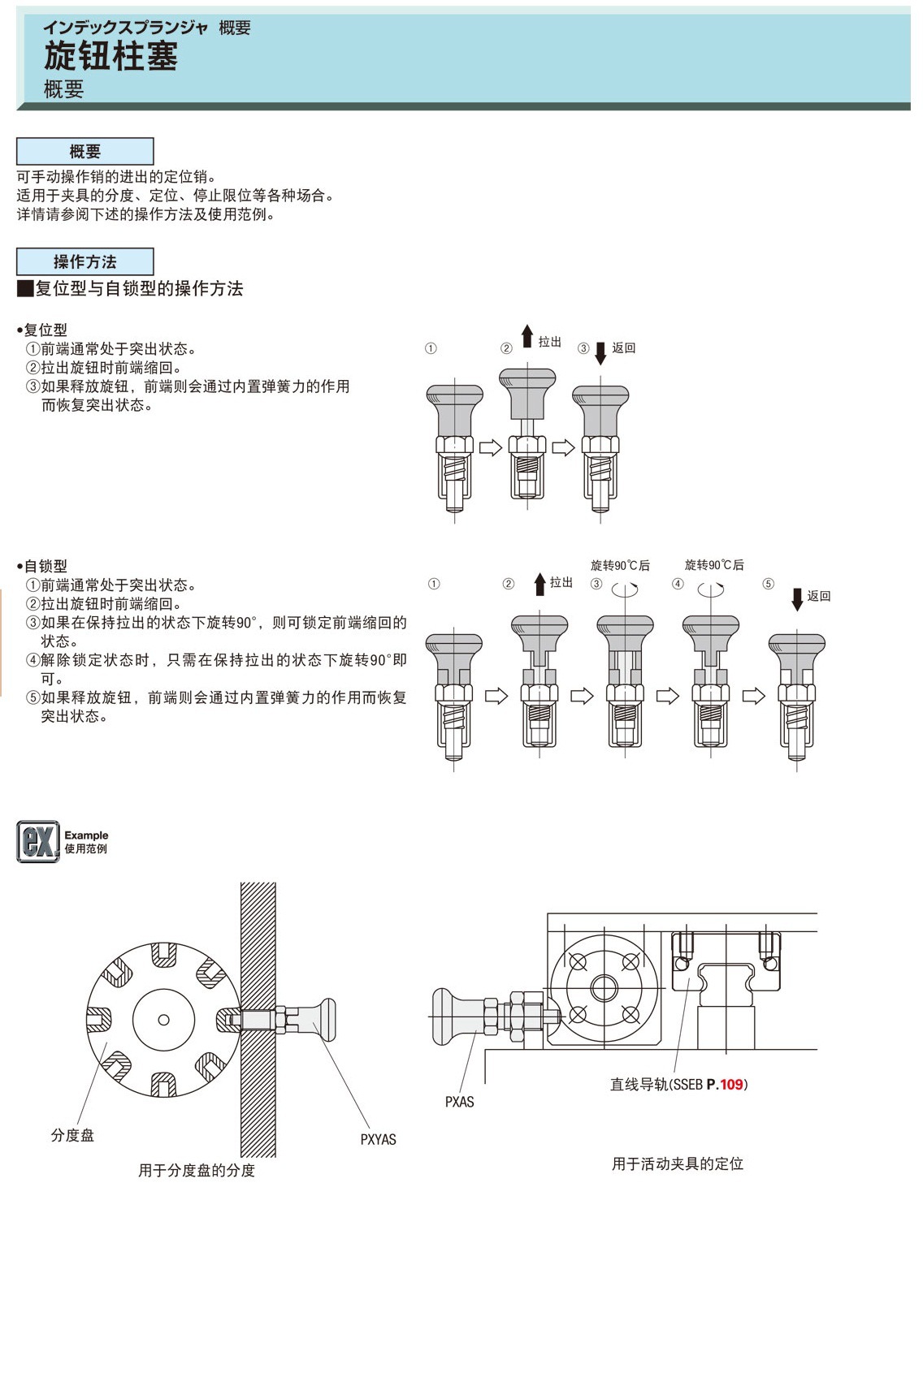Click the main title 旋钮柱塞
click(x=110, y=57)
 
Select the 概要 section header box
click(x=85, y=152)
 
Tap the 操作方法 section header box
click(x=85, y=261)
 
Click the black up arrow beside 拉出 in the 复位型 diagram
click(x=527, y=336)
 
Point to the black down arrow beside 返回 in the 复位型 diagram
click(x=600, y=352)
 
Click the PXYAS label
click(x=378, y=1139)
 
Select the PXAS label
click(x=459, y=1102)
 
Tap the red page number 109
click(x=731, y=1084)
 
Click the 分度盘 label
click(x=72, y=1135)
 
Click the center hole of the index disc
click(x=163, y=1020)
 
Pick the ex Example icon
click(x=38, y=841)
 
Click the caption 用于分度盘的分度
click(x=197, y=1170)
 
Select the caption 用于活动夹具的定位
click(x=678, y=1163)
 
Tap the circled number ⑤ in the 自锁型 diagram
click(x=768, y=584)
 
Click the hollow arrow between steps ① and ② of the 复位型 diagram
click(x=490, y=447)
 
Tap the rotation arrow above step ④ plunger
click(x=711, y=590)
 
